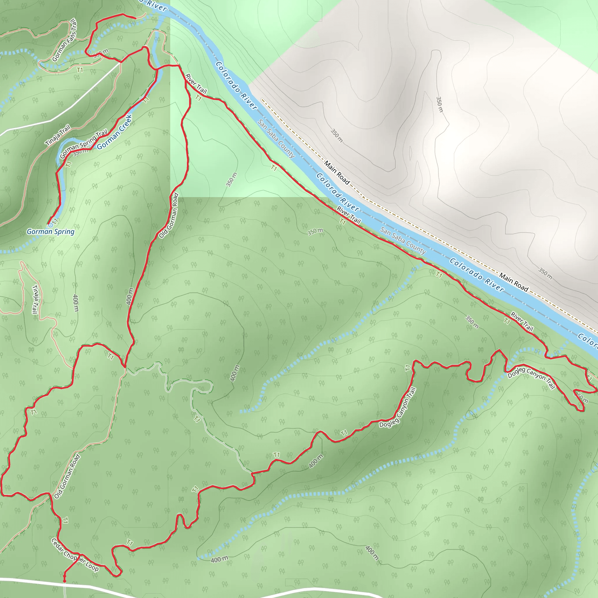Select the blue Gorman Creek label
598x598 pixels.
pyautogui.click(x=115, y=132)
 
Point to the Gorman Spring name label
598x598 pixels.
pyautogui.click(x=51, y=232)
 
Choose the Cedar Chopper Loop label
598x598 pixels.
pyautogui.click(x=75, y=555)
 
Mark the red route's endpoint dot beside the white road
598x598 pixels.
pyautogui.click(x=64, y=581)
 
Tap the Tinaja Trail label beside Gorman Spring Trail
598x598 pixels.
pyautogui.click(x=58, y=135)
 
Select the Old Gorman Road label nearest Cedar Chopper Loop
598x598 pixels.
pyautogui.click(x=67, y=476)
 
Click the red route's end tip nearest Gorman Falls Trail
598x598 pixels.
pyautogui.click(x=135, y=18)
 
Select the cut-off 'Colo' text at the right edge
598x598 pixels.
pyautogui.click(x=588, y=339)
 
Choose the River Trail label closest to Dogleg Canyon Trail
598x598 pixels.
pyautogui.click(x=522, y=321)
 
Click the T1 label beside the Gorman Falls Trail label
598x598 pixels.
pyautogui.click(x=80, y=70)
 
